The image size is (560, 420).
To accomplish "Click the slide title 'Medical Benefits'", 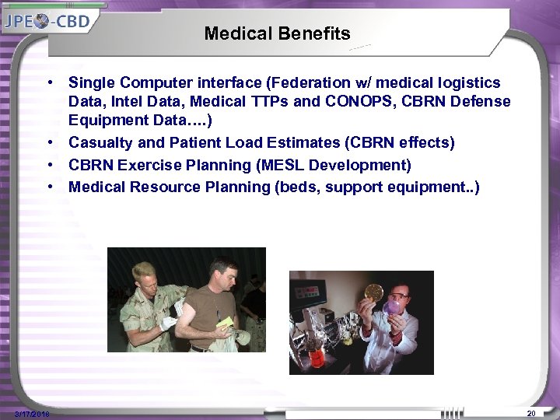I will [x=277, y=34].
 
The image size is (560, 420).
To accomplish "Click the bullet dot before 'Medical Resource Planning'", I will [x=49, y=187].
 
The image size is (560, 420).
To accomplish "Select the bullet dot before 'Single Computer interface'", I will [x=49, y=82].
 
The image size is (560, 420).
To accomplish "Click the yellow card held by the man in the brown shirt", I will [x=226, y=322].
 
